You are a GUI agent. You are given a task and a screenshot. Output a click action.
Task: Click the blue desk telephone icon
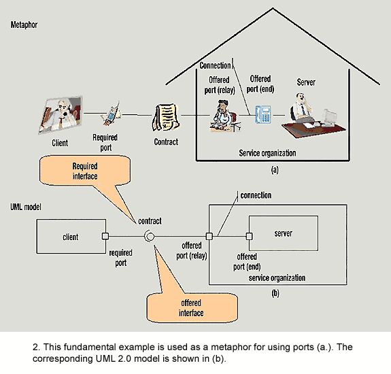[263, 114]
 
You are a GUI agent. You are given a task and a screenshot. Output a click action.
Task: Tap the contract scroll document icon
[165, 118]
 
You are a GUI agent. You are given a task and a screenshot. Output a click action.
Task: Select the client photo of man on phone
[61, 115]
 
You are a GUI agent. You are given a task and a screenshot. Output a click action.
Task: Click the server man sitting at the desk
[313, 116]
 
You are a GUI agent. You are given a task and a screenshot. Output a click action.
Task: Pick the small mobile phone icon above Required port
[112, 114]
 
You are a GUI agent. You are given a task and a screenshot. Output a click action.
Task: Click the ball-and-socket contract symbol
[150, 236]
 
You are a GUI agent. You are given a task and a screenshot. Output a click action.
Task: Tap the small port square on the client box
[105, 236]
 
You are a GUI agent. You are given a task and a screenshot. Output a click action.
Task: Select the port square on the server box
[249, 236]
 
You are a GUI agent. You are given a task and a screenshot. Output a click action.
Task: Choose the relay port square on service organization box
[209, 236]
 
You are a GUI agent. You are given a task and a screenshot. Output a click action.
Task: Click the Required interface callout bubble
[85, 171]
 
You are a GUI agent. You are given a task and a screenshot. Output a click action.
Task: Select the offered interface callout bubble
[192, 308]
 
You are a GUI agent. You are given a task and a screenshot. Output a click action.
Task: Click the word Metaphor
[24, 24]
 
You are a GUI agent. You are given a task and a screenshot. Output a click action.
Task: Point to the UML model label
[26, 207]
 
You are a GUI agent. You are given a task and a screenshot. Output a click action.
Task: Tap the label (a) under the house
[275, 170]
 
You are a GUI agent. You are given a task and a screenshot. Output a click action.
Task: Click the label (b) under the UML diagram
[275, 293]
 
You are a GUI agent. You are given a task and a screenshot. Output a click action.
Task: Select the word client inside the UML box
[70, 237]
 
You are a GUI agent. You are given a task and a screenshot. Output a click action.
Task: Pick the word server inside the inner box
[284, 233]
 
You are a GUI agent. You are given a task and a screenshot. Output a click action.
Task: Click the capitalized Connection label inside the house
[215, 65]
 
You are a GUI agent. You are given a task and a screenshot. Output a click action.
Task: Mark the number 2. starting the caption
[35, 347]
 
